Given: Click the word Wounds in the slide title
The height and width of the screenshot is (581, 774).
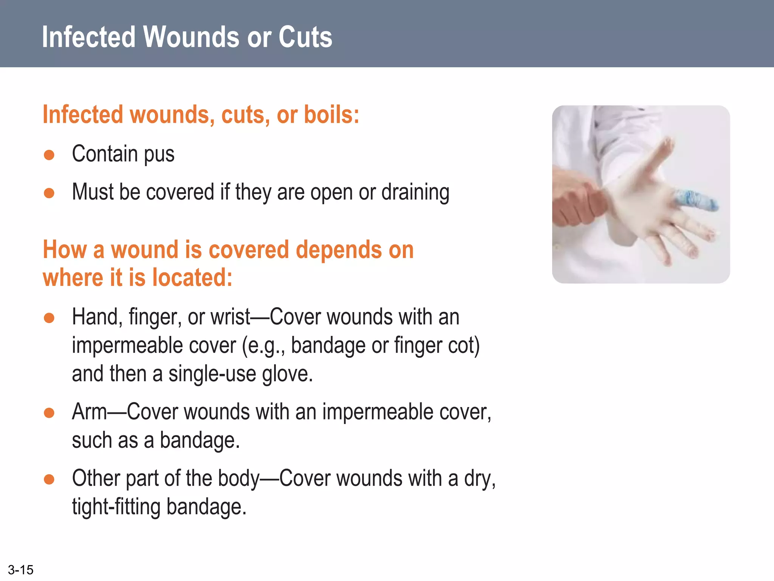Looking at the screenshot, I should tap(191, 37).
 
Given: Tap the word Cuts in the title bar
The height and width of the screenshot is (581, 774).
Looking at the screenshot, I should tap(305, 37).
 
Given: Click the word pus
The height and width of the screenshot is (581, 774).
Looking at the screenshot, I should tap(159, 155).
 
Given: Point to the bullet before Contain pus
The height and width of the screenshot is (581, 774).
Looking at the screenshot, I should tap(49, 155).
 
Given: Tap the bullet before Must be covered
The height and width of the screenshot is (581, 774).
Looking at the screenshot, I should tap(49, 193).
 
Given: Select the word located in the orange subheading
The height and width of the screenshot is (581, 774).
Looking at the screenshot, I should tap(192, 278).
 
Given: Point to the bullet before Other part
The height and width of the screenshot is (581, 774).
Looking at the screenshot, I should tap(49, 479).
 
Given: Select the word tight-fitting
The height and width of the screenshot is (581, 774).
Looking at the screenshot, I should tap(116, 507).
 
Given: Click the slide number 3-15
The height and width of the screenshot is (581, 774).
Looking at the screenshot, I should tap(21, 570).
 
